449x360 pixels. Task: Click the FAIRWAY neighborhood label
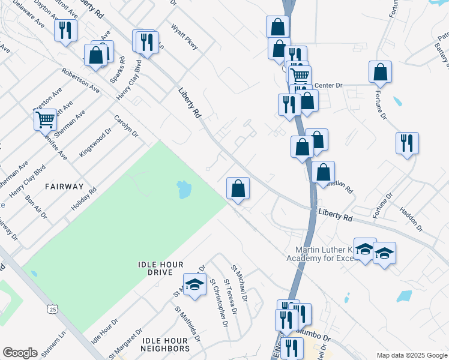(64, 187)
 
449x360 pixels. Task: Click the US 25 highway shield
(53, 310)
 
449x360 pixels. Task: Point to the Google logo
(20, 353)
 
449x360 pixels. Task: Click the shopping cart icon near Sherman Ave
(46, 120)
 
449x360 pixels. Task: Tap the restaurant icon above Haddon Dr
(407, 144)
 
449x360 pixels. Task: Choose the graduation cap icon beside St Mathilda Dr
(194, 285)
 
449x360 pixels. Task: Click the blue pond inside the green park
(184, 190)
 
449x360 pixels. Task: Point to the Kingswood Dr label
(96, 142)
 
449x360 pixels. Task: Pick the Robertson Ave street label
(80, 80)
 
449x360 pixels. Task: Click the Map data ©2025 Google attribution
(411, 355)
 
